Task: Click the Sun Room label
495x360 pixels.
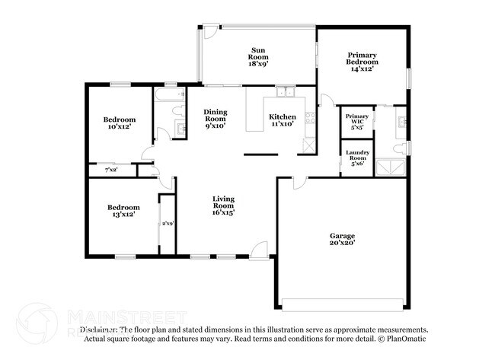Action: coord(258,56)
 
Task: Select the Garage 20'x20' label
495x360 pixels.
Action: coord(342,239)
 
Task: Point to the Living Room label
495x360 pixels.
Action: coord(222,205)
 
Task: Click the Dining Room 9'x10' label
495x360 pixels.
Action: coord(215,119)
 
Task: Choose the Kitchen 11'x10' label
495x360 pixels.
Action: coord(281,120)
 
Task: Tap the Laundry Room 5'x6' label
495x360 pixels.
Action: coord(357,158)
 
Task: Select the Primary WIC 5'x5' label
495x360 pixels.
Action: coord(357,122)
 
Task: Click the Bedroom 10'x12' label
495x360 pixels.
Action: coord(120,123)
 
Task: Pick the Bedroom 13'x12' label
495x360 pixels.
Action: coord(123,211)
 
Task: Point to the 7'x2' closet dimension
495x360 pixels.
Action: coord(111,170)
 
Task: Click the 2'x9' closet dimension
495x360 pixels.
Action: coord(167,223)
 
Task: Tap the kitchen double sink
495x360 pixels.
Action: coord(286,94)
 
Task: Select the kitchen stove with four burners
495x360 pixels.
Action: coord(309,117)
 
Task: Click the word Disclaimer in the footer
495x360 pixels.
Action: coord(100,330)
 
